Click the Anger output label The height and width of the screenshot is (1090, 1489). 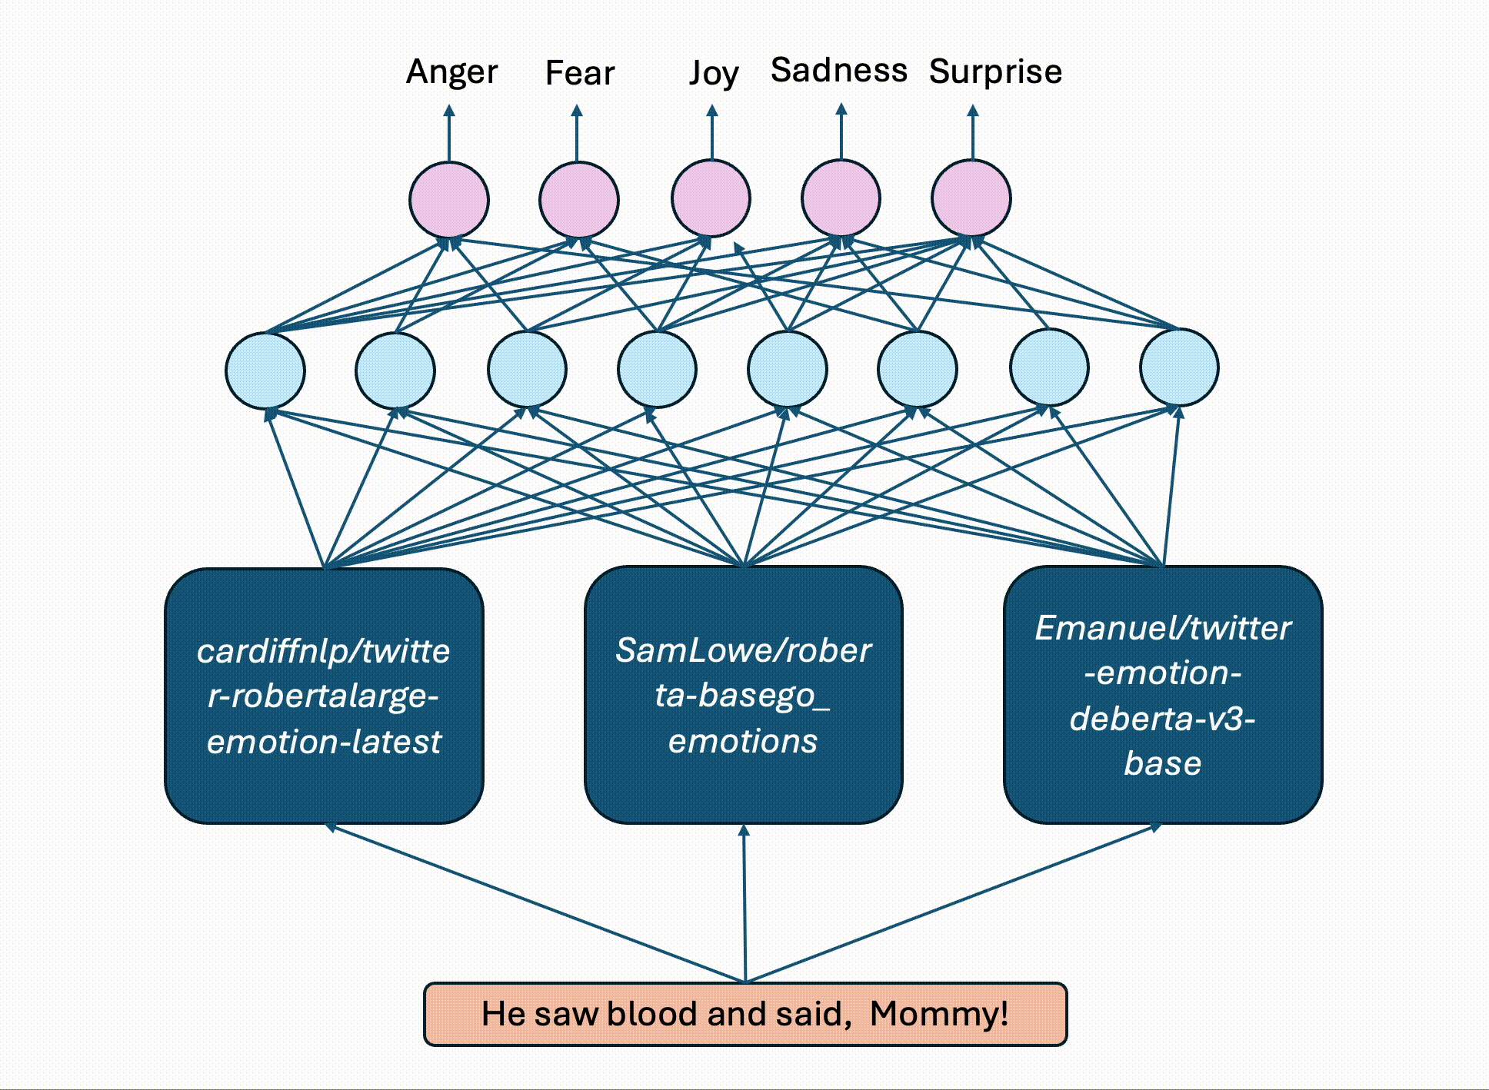click(451, 72)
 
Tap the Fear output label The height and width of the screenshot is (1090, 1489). click(580, 74)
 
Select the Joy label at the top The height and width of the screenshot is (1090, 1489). click(713, 74)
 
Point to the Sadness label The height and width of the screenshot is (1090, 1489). click(839, 71)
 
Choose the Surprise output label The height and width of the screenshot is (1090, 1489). click(995, 71)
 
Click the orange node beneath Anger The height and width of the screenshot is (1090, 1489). click(449, 200)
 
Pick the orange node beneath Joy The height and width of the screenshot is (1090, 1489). click(711, 198)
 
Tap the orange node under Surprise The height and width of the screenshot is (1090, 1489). click(971, 198)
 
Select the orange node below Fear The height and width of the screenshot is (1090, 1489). click(579, 200)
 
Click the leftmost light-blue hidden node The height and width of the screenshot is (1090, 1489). click(265, 371)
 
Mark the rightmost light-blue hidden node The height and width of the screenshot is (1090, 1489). click(1179, 367)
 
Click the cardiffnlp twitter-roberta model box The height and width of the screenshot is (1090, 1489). click(324, 696)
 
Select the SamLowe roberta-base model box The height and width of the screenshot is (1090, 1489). click(743, 695)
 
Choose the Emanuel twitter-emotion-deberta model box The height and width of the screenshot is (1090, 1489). click(1163, 695)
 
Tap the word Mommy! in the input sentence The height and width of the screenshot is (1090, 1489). click(939, 1014)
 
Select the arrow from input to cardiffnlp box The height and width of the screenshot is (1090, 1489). click(538, 903)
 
